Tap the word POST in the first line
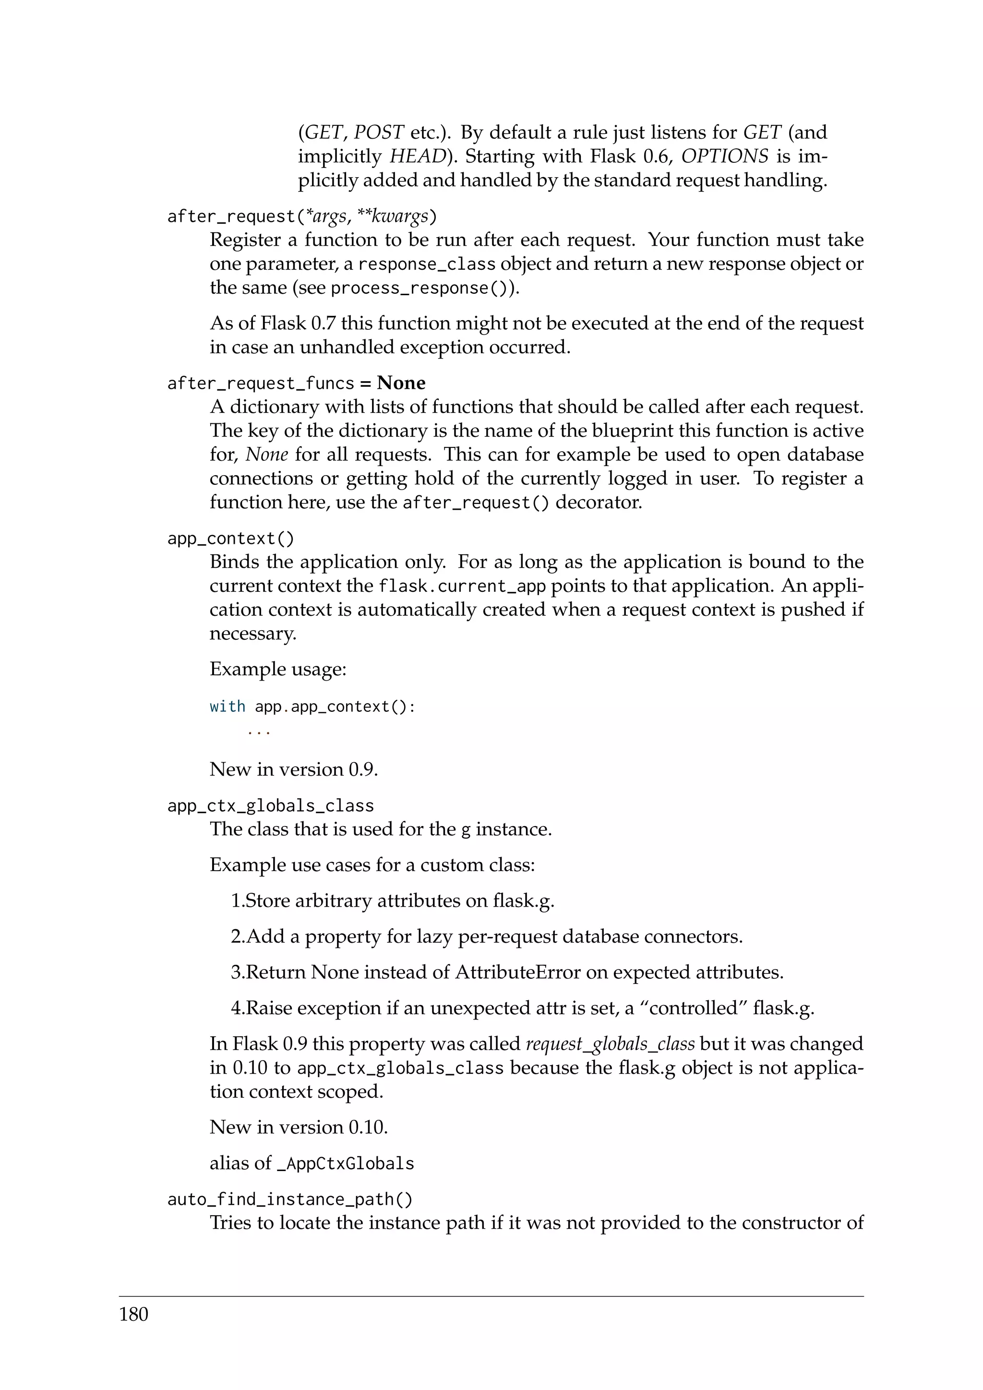coord(378,132)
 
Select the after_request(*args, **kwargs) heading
coord(301,216)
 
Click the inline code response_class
coord(427,264)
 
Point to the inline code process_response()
coord(421,288)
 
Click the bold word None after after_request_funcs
coord(401,383)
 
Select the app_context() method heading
coord(230,538)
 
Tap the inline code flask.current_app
coord(462,586)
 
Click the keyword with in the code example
coord(227,707)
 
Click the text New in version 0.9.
coord(294,769)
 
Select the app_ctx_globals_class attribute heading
coord(271,806)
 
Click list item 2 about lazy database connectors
coord(486,936)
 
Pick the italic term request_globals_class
coord(610,1044)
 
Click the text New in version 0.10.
coord(299,1127)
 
